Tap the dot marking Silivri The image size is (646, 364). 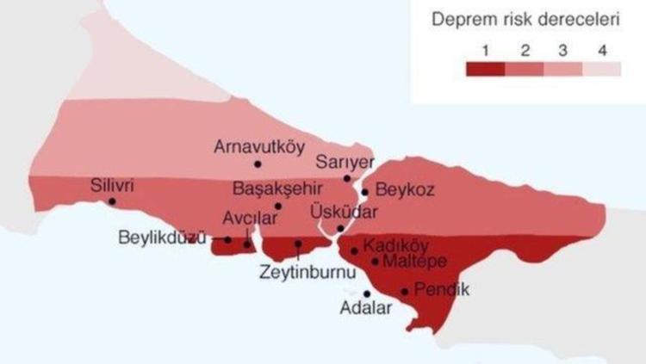pyautogui.click(x=112, y=201)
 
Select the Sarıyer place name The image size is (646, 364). pyautogui.click(x=344, y=162)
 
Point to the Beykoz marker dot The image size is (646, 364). pyautogui.click(x=365, y=192)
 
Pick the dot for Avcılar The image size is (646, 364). pyautogui.click(x=247, y=244)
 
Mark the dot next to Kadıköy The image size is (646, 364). pyautogui.click(x=355, y=251)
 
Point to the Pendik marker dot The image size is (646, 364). pyautogui.click(x=405, y=292)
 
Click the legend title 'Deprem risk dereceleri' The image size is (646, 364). pyautogui.click(x=525, y=19)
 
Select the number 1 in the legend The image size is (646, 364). pyautogui.click(x=486, y=49)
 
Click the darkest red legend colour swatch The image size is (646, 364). pyautogui.click(x=486, y=70)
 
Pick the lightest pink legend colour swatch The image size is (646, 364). pyautogui.click(x=601, y=70)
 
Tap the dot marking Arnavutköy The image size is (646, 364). pyautogui.click(x=257, y=163)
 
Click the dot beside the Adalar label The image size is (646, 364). pyautogui.click(x=367, y=293)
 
